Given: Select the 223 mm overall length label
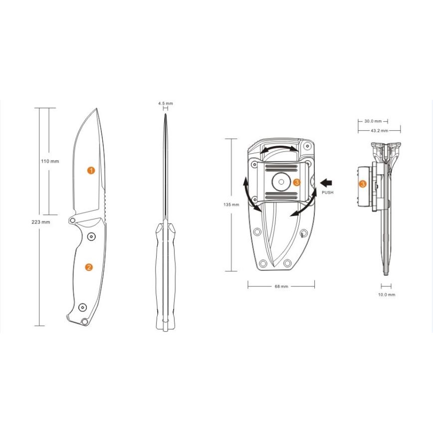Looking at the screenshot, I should pyautogui.click(x=41, y=221).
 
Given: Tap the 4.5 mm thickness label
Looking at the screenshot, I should pyautogui.click(x=165, y=103).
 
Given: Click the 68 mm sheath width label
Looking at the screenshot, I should pyautogui.click(x=281, y=287).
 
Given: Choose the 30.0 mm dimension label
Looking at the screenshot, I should pyautogui.click(x=373, y=121).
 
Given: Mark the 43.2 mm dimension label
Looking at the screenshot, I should pyautogui.click(x=379, y=131).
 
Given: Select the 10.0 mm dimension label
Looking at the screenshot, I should pyautogui.click(x=387, y=295).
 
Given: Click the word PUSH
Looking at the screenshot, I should pyautogui.click(x=328, y=192).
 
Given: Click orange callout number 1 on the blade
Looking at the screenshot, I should pyautogui.click(x=91, y=171).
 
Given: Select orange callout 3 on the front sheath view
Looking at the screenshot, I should pyautogui.click(x=297, y=183).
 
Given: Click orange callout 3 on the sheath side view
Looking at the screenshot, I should pyautogui.click(x=363, y=184).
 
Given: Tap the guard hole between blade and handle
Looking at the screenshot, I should pyautogui.click(x=73, y=220).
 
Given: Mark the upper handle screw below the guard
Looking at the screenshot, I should pyautogui.click(x=91, y=236).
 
